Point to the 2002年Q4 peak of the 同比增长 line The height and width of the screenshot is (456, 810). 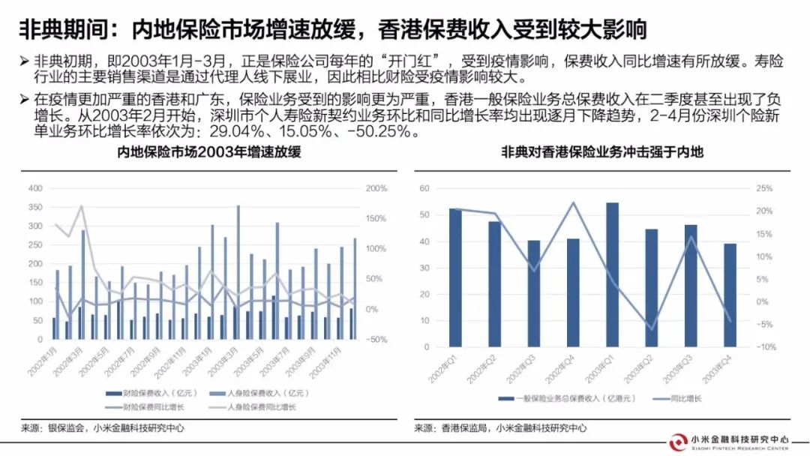click(x=574, y=202)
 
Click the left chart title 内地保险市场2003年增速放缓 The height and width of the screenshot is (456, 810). click(x=208, y=152)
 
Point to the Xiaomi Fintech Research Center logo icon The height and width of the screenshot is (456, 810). click(x=680, y=442)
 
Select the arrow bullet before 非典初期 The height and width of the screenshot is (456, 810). click(x=25, y=60)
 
